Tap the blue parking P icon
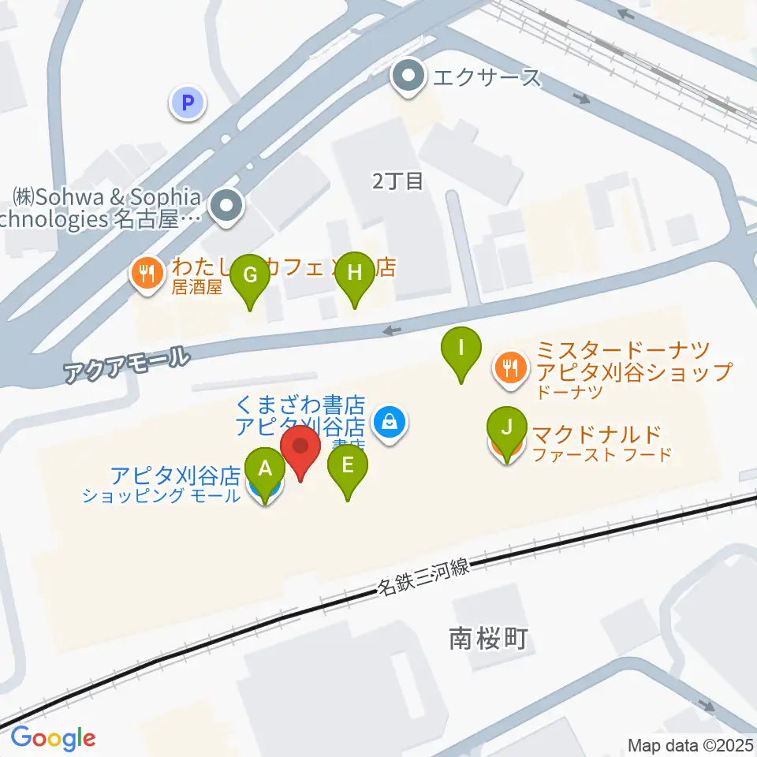[x=187, y=102]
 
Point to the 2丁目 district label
[x=398, y=181]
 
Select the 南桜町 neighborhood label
[x=487, y=639]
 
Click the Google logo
[x=53, y=738]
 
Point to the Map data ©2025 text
[x=691, y=744]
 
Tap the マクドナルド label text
[x=596, y=434]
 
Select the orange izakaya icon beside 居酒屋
[x=146, y=274]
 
